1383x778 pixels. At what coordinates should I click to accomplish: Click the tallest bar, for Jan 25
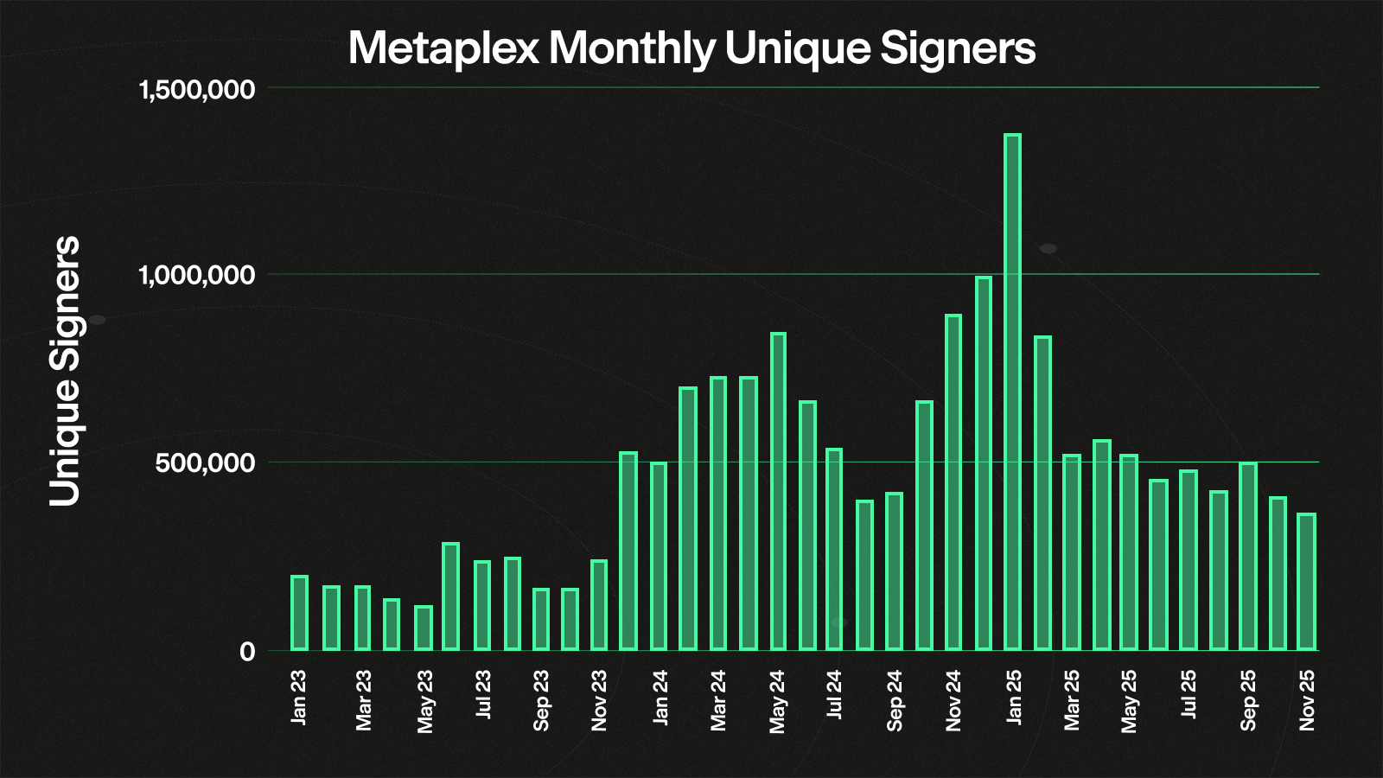[1012, 392]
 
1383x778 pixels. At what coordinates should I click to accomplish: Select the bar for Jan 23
[299, 613]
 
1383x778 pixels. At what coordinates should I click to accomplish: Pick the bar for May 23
[423, 628]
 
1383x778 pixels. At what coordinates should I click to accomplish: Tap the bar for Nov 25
[1306, 582]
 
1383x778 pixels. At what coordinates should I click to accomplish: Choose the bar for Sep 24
[894, 571]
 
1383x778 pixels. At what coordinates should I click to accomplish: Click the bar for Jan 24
[659, 557]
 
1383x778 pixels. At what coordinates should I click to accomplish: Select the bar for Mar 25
[1072, 552]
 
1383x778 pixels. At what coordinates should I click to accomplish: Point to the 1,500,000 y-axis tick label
[197, 89]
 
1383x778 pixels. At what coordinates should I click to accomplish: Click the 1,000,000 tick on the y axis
[197, 276]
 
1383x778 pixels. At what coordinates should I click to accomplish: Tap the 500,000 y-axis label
[206, 463]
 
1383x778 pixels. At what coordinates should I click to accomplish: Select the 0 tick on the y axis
[247, 651]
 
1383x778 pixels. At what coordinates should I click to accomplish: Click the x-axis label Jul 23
[483, 694]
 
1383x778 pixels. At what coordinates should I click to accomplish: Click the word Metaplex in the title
[443, 48]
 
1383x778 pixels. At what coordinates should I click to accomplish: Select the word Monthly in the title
[632, 48]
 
